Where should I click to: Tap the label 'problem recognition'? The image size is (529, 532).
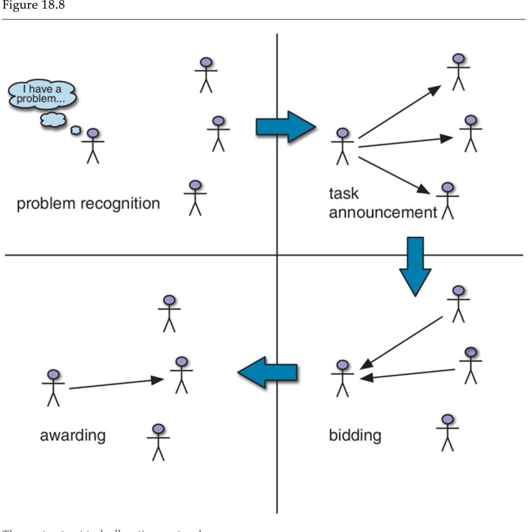pos(88,204)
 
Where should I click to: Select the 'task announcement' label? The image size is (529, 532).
pos(383,203)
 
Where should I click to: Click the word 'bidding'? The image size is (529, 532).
pos(355,435)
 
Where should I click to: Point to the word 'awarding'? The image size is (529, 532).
pos(73,435)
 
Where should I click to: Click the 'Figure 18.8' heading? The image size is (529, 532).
pos(32,6)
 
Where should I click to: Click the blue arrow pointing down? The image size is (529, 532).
pos(415,266)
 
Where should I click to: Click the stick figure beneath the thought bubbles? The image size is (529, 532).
pos(93,146)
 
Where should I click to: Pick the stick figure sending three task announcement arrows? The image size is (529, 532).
pos(343,146)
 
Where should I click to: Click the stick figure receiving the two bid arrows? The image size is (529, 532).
pos(343,378)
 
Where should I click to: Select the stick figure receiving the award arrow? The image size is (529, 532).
pos(181,375)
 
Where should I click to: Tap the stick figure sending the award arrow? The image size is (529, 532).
pos(53,388)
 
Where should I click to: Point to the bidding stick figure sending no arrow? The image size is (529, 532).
pos(447,433)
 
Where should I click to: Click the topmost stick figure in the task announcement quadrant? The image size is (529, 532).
pos(459,72)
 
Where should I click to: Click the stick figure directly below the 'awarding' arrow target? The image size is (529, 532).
pos(158,442)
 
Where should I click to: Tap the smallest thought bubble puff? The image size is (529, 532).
pos(75,130)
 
